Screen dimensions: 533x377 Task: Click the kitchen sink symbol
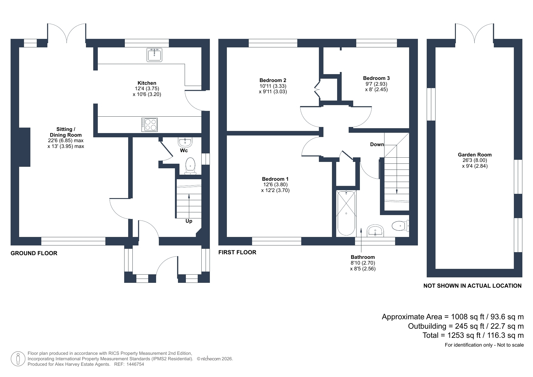point(154,55)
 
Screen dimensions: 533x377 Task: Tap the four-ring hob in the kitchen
point(149,125)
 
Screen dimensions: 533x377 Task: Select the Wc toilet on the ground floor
point(190,166)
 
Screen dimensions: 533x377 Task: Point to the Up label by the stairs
point(189,221)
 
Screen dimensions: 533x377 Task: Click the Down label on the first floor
point(377,145)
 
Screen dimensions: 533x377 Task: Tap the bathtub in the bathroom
point(346,213)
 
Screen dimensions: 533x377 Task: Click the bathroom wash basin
point(376,231)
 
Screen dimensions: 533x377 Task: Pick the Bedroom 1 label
point(275,179)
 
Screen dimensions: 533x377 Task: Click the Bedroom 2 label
point(273,80)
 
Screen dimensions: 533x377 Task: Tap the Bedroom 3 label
point(376,78)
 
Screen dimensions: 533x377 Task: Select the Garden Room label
point(475,155)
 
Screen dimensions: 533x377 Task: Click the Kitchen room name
point(147,83)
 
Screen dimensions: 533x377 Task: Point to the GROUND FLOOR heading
point(34,253)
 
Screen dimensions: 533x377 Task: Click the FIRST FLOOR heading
point(237,252)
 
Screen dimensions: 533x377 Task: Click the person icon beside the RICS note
point(18,358)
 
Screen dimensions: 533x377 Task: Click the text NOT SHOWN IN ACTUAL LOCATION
point(473,286)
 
